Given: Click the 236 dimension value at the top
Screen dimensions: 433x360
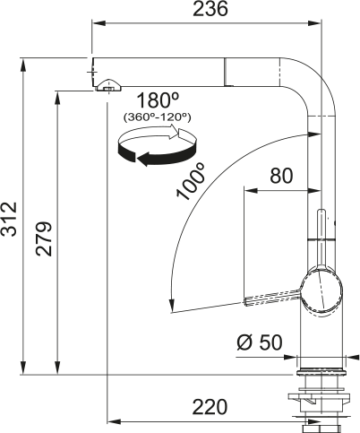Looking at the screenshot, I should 211,10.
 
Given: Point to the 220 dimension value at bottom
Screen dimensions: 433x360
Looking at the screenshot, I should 210,407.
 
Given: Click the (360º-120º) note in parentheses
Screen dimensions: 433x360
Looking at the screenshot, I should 158,117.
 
